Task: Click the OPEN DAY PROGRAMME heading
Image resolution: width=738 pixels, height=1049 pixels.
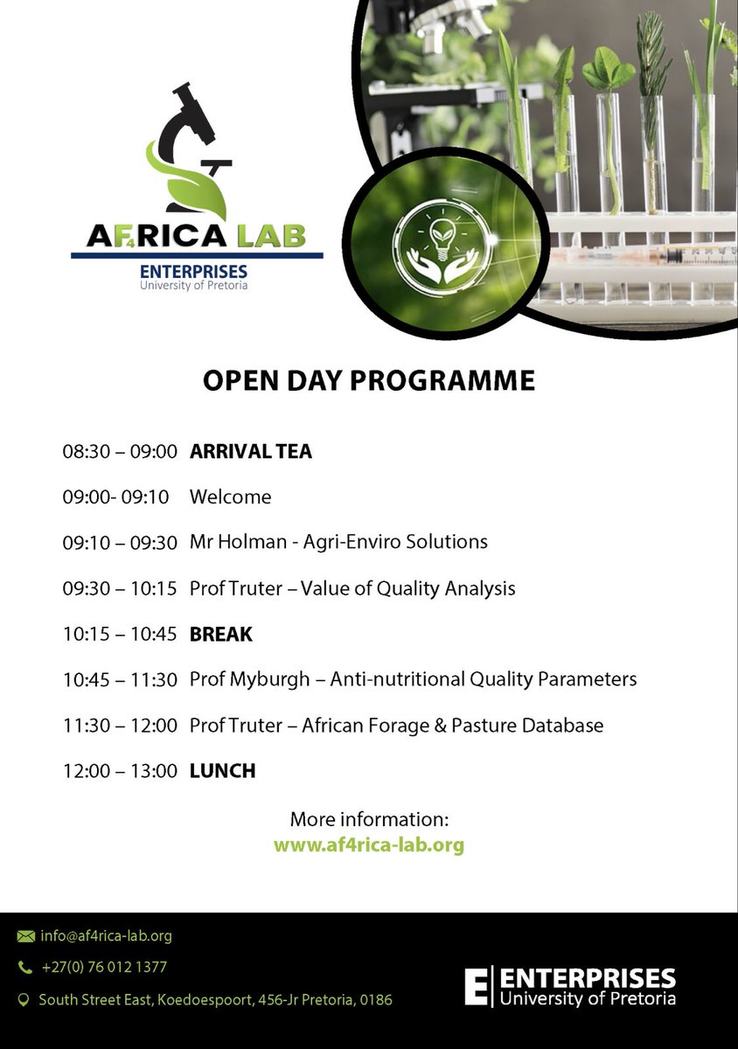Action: (368, 381)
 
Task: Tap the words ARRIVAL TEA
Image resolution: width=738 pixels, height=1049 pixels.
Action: (250, 452)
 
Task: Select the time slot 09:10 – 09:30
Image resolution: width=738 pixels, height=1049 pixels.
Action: (120, 542)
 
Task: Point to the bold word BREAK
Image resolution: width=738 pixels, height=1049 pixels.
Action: (220, 635)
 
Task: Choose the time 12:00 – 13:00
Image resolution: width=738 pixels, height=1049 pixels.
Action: (120, 771)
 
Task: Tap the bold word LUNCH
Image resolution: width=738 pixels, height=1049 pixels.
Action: (222, 771)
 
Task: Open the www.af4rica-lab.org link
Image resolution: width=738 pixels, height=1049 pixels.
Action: (368, 845)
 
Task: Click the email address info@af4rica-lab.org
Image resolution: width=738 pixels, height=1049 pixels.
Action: (106, 936)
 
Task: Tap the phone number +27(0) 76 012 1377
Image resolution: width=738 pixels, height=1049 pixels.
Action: (103, 968)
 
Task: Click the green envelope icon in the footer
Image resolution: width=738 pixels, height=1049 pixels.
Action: (24, 936)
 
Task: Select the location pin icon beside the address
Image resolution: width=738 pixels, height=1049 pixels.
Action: (24, 999)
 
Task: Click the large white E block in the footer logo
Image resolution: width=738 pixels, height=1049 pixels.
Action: (477, 986)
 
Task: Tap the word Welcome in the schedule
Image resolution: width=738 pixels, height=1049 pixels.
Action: (230, 497)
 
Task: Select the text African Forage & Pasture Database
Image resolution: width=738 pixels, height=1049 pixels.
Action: (452, 726)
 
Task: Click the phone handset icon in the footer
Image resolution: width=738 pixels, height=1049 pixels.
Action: (24, 968)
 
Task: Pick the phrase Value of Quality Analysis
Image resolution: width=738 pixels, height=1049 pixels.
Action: (407, 588)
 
